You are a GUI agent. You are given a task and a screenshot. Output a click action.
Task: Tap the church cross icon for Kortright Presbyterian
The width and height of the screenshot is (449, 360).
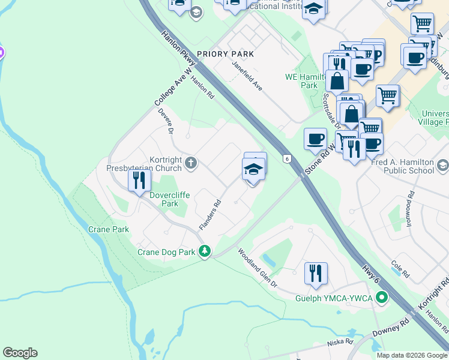pyautogui.click(x=191, y=163)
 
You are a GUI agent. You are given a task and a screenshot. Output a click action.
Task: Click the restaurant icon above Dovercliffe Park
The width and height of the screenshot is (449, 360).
pyautogui.click(x=139, y=181)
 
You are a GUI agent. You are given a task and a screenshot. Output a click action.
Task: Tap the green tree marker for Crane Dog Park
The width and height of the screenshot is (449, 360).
pyautogui.click(x=205, y=251)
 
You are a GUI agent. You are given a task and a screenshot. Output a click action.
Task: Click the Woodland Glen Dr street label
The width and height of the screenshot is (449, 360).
pyautogui.click(x=258, y=268)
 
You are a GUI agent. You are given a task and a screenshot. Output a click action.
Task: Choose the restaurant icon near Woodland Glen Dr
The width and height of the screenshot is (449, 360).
pyautogui.click(x=315, y=274)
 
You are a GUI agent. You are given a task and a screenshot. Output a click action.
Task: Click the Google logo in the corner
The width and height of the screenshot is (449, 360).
pyautogui.click(x=20, y=353)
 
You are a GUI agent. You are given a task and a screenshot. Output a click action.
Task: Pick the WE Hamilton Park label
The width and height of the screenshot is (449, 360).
pyautogui.click(x=301, y=81)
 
